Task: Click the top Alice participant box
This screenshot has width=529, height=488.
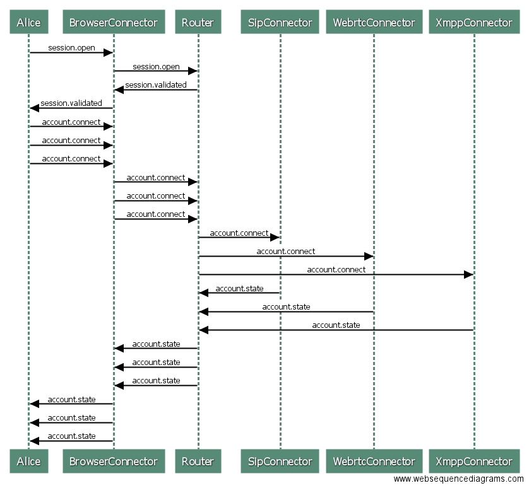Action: coord(29,23)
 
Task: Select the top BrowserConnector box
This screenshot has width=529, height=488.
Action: coord(114,23)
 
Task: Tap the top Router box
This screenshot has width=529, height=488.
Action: coord(198,23)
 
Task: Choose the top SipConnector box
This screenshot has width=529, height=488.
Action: coord(280,23)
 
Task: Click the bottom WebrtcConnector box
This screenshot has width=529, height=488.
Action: coord(374,462)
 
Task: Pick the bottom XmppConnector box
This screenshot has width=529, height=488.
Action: coord(474,462)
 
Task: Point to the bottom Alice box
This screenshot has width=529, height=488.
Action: coord(29,462)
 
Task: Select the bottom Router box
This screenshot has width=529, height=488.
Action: coord(198,462)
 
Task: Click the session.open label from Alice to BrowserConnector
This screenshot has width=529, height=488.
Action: coord(71,48)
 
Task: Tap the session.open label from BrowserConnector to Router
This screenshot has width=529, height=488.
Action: coord(156,66)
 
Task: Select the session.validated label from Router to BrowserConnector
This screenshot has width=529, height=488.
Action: coord(156,84)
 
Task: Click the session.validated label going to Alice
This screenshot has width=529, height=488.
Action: coord(71,103)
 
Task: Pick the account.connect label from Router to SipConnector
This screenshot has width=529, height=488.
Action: coord(239,233)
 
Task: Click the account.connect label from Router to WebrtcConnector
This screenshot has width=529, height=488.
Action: coord(285,251)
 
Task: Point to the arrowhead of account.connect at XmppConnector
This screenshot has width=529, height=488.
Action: coord(468,274)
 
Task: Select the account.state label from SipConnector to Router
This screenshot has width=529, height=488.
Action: coord(239,288)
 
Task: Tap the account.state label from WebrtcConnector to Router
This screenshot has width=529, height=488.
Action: coord(286,306)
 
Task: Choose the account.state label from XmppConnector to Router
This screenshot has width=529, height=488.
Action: coord(336,325)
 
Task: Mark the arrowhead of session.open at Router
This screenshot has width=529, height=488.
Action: coord(193,71)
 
